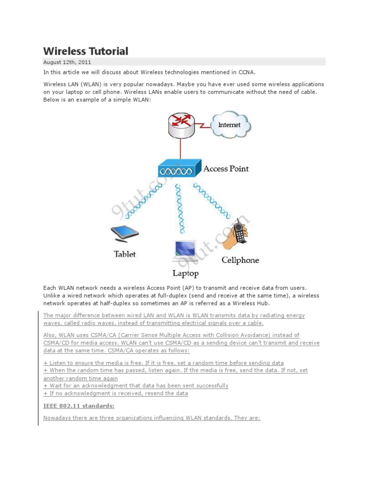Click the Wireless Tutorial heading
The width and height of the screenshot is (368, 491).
(86, 51)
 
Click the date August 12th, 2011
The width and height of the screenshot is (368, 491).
(67, 62)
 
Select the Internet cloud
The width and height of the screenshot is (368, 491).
(230, 124)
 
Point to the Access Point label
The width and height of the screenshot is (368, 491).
(226, 169)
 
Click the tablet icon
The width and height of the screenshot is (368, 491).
(125, 234)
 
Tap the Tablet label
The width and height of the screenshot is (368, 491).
(125, 254)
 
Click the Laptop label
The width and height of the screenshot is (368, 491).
(185, 273)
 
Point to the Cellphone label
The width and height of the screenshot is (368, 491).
(240, 260)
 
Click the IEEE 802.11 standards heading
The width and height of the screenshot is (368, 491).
(79, 406)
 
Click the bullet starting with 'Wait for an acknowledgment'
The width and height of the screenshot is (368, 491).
(136, 386)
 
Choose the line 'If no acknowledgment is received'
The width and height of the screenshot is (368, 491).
(115, 393)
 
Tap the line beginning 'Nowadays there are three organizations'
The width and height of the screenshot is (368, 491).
(152, 418)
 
